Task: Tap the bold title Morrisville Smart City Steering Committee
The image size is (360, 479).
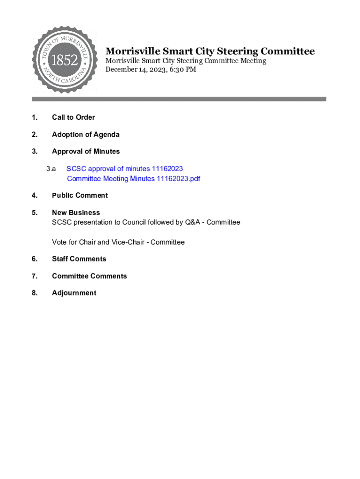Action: tap(209, 51)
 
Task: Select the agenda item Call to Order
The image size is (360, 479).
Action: tap(73, 117)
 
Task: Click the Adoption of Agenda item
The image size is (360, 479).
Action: tap(86, 135)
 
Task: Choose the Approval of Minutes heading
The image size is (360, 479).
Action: tap(86, 152)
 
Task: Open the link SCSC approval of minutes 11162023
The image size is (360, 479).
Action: tap(124, 169)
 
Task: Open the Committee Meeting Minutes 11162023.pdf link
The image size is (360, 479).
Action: tap(133, 179)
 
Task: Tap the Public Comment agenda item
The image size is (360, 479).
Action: tap(79, 196)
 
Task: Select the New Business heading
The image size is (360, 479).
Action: tap(76, 212)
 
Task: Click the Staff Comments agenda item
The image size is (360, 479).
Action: tap(79, 259)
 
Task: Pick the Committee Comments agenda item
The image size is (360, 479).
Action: tap(89, 276)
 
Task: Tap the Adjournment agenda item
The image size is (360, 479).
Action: tap(74, 293)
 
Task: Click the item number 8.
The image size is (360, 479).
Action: tap(35, 293)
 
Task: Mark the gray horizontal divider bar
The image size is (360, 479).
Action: tap(179, 99)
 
